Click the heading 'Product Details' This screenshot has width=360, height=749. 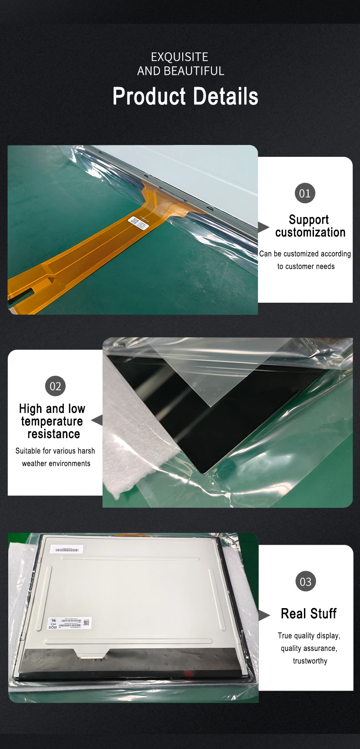[x=185, y=97]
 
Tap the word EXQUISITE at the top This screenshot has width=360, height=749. [x=180, y=57]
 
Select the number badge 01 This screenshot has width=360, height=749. [x=305, y=193]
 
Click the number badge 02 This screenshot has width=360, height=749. [x=56, y=386]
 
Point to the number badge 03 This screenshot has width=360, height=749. [x=305, y=581]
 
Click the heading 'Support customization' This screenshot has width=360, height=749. [x=310, y=226]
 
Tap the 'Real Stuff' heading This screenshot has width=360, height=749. [x=309, y=614]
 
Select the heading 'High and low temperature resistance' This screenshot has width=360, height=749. [x=52, y=421]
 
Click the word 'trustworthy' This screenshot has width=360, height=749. [x=310, y=661]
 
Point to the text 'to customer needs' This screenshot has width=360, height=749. [x=306, y=266]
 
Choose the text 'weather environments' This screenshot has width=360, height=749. [x=56, y=464]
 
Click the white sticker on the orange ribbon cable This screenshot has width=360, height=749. [x=139, y=222]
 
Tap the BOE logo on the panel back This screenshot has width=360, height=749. [x=52, y=628]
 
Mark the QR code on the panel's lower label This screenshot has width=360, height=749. [x=87, y=623]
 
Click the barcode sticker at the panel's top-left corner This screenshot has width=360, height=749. [x=67, y=550]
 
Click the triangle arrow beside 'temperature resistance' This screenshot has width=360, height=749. [x=97, y=420]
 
